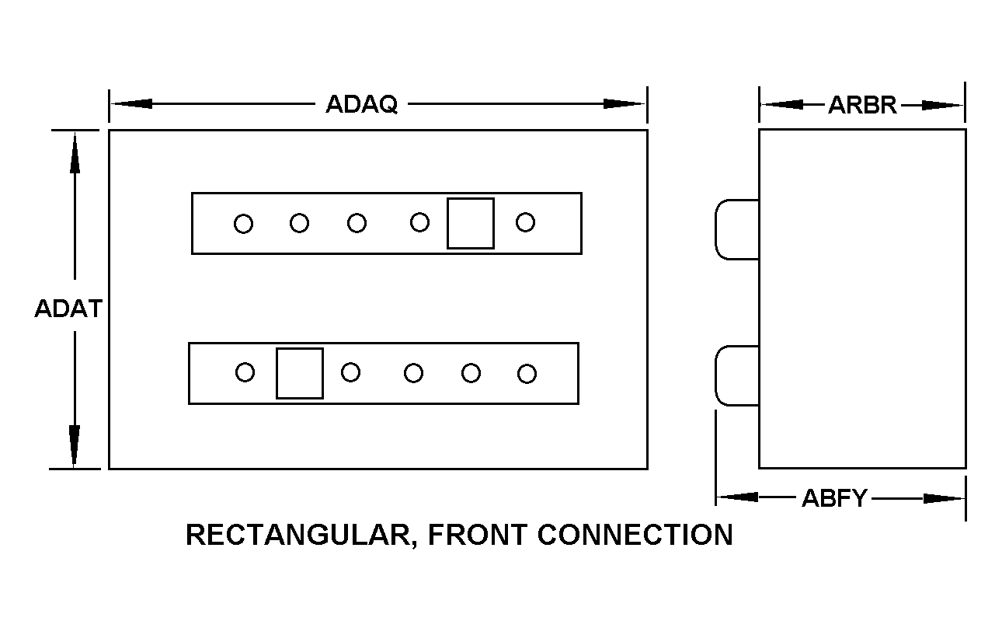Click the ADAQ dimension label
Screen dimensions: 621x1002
tap(361, 104)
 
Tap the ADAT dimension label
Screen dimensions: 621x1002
tap(68, 309)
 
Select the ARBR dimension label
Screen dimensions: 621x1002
tap(862, 105)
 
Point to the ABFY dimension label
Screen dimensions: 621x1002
tap(833, 498)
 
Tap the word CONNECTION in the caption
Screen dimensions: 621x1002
tap(635, 535)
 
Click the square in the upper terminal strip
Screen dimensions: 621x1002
tap(471, 223)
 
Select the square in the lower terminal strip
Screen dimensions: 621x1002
tap(300, 373)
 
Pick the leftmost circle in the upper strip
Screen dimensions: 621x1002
tap(243, 224)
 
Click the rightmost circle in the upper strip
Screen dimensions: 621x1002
tap(525, 222)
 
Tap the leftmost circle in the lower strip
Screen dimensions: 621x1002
tap(245, 372)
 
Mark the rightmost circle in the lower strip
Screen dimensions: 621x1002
tap(527, 374)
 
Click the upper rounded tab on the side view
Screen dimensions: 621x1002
tap(736, 229)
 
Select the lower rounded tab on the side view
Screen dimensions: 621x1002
tap(736, 376)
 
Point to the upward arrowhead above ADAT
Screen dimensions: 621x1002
tap(75, 151)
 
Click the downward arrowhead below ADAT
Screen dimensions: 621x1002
tap(75, 448)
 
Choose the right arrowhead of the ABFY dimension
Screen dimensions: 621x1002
tap(944, 498)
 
